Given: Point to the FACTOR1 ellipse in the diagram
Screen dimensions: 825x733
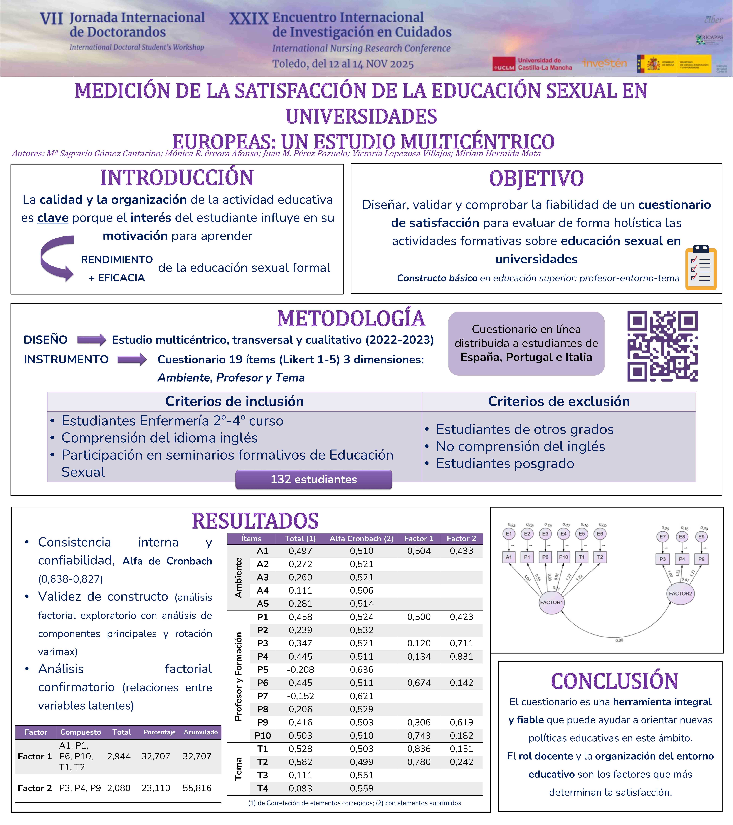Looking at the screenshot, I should (x=551, y=602).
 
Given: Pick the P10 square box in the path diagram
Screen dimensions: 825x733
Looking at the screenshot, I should (x=563, y=557).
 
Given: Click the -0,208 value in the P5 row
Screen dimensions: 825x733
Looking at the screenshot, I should (x=300, y=670).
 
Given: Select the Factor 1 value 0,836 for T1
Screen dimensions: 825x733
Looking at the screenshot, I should (x=419, y=749).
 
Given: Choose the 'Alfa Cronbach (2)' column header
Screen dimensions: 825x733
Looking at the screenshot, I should (x=361, y=538).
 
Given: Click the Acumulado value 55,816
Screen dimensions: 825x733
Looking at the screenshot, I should (x=197, y=788).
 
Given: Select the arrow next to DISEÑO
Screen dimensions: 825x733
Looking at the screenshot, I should (x=92, y=340).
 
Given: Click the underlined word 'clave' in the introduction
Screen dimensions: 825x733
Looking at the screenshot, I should (x=53, y=218).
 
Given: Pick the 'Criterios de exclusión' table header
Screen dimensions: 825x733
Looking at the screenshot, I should (x=559, y=401).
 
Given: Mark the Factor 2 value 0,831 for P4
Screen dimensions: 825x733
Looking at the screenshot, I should (x=461, y=656).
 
